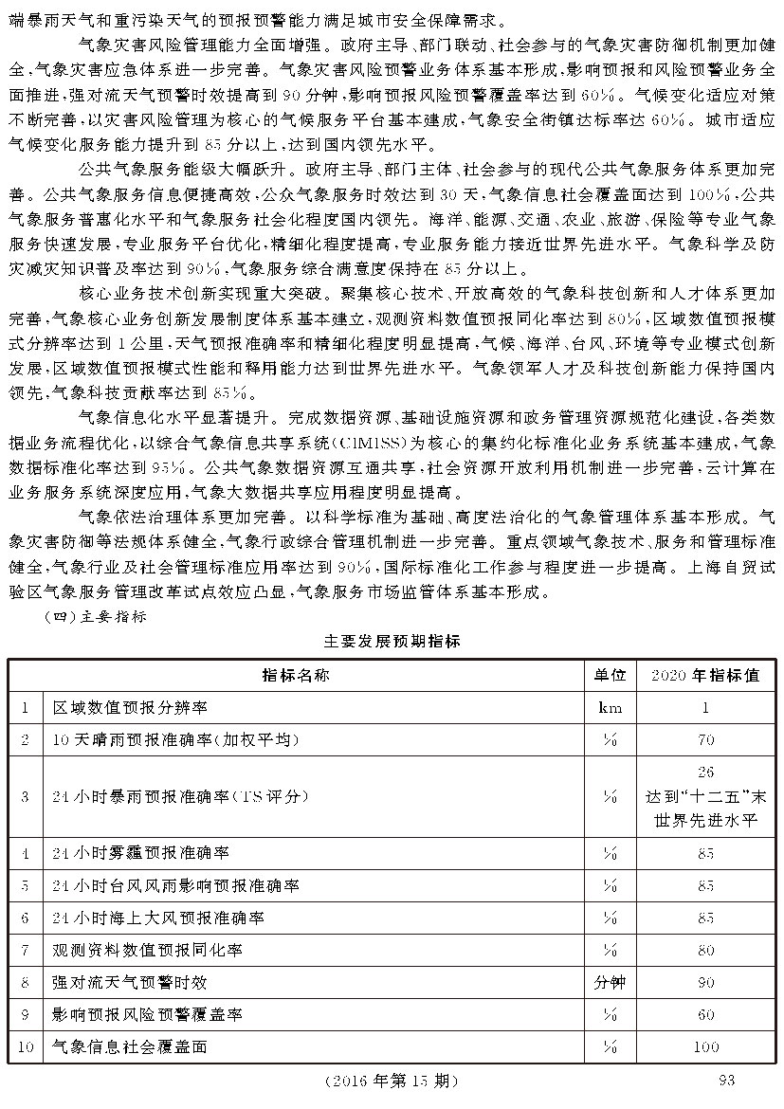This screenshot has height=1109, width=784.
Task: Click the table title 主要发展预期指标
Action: pyautogui.click(x=392, y=641)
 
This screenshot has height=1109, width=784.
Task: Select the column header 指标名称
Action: pyautogui.click(x=296, y=675)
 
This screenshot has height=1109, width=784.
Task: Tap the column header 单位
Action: pyautogui.click(x=610, y=675)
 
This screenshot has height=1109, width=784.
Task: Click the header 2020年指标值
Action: pyautogui.click(x=705, y=675)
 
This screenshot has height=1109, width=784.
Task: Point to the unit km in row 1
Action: pyautogui.click(x=610, y=707)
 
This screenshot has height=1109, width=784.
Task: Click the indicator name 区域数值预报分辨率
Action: pyautogui.click(x=130, y=707)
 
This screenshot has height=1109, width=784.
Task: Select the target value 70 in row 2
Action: pyautogui.click(x=705, y=739)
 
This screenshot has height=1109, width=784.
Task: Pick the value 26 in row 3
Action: pyautogui.click(x=705, y=773)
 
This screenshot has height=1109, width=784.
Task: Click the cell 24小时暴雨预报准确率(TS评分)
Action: pyautogui.click(x=180, y=796)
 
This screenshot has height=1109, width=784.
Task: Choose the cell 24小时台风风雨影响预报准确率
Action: pyautogui.click(x=175, y=885)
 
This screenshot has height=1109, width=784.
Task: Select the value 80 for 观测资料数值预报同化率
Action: pyautogui.click(x=705, y=950)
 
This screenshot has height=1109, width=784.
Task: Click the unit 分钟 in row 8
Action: pyautogui.click(x=610, y=982)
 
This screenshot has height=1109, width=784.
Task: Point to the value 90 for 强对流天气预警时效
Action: pyautogui.click(x=705, y=982)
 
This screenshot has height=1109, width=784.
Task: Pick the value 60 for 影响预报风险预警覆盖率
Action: pyautogui.click(x=705, y=1014)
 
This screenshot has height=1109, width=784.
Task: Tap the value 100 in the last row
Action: pyautogui.click(x=705, y=1047)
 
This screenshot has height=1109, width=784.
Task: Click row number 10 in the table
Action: pyautogui.click(x=26, y=1047)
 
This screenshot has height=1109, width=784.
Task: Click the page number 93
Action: pyautogui.click(x=727, y=1080)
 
